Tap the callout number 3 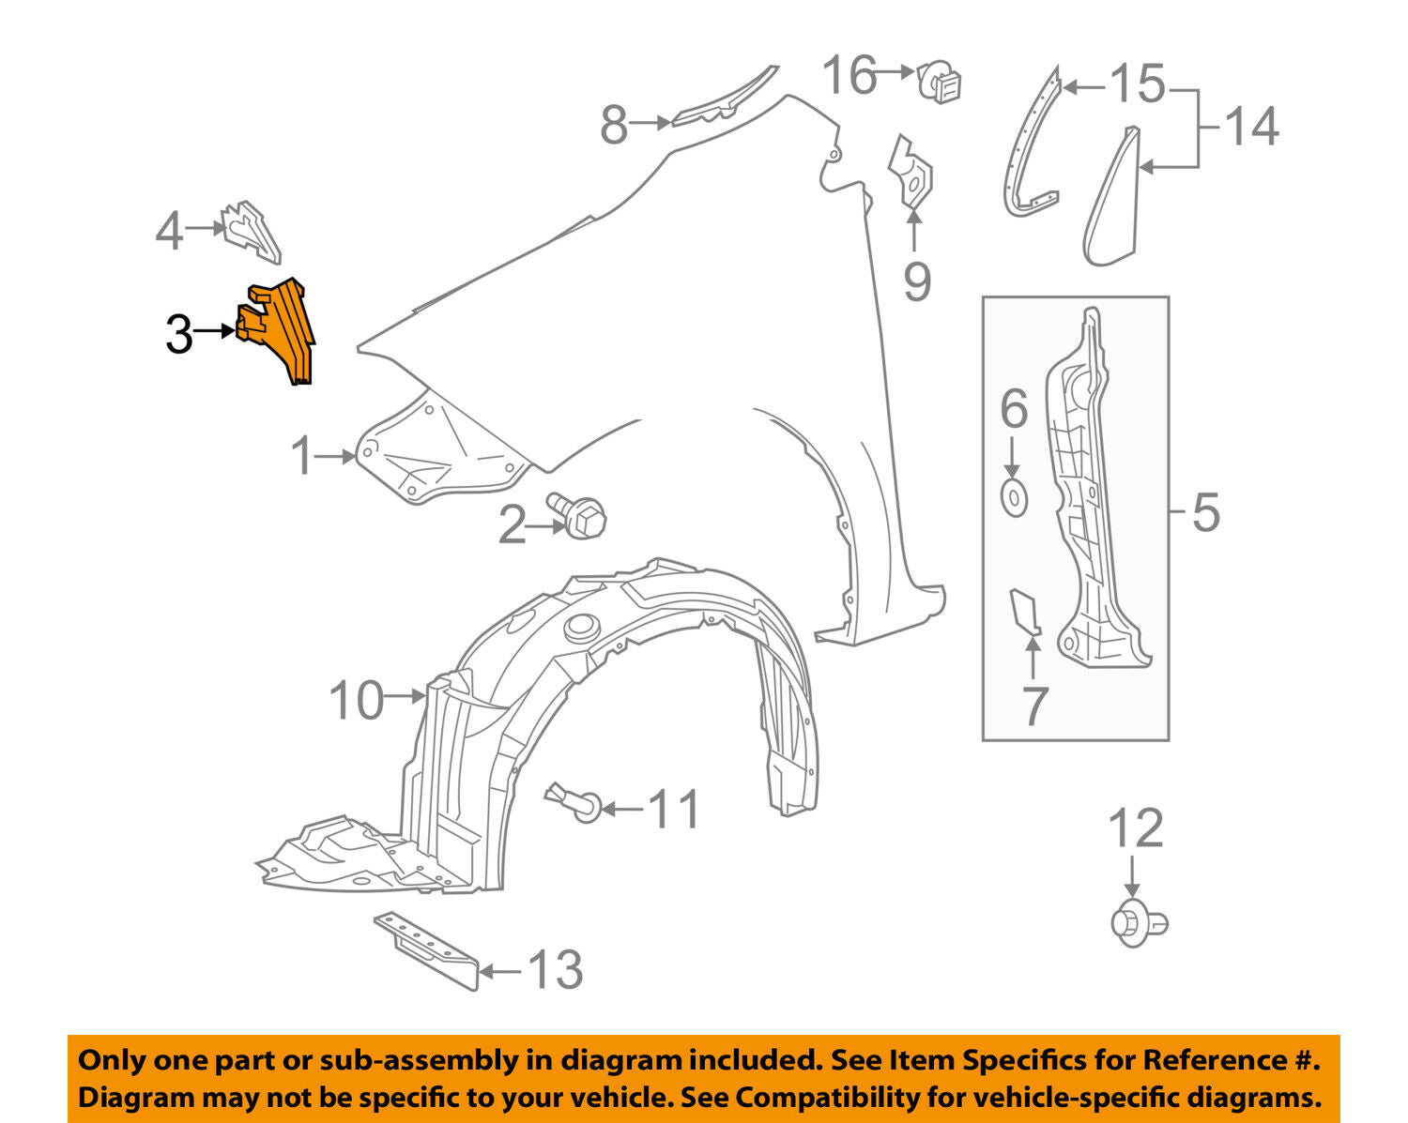[x=178, y=334]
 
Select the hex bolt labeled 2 [x=577, y=515]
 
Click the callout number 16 [x=849, y=74]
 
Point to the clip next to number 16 [x=939, y=81]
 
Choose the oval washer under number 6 [x=1014, y=498]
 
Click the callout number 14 [x=1251, y=127]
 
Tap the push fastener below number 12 [x=1140, y=923]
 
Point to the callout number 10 [x=357, y=701]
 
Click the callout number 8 [x=615, y=124]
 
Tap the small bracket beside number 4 [x=252, y=232]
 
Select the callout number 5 [x=1206, y=512]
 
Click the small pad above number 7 [x=1025, y=612]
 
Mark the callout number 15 [x=1138, y=84]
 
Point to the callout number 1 [x=302, y=455]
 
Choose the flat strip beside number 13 [x=426, y=951]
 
